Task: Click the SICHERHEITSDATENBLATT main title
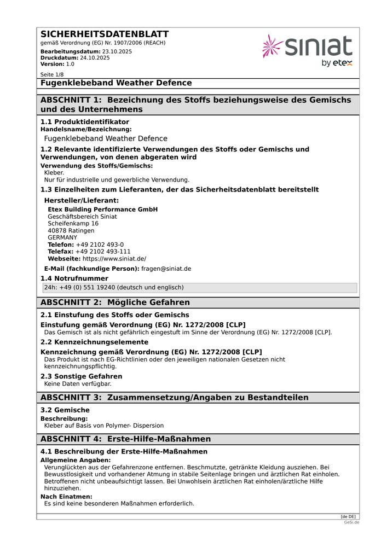105,34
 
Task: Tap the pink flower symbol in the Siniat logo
272,46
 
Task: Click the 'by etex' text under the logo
337,63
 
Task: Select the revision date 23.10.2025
117,51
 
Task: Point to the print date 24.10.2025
95,57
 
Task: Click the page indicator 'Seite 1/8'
52,74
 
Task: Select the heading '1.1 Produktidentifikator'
85,122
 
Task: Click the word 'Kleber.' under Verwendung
54,173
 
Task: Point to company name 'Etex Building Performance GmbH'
102,210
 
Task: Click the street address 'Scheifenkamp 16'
73,224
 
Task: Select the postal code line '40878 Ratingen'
71,231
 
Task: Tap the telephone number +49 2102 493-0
100,245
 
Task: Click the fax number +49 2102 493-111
103,252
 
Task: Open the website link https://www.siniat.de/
114,259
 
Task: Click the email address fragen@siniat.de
166,269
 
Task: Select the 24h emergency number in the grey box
114,288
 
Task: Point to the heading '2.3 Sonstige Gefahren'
82,376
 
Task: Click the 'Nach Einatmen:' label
66,497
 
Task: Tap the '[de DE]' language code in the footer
348,516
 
